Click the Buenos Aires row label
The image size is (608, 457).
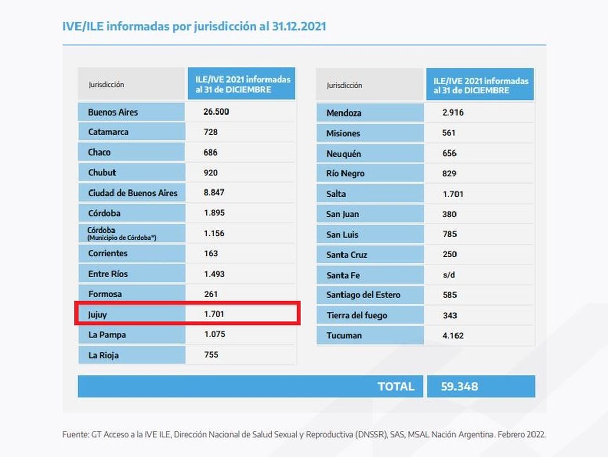113,112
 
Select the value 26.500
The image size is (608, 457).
216,112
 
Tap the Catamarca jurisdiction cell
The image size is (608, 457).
108,132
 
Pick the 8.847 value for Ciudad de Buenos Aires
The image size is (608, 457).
214,193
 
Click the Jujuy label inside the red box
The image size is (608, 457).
98,315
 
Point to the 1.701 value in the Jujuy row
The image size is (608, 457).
214,314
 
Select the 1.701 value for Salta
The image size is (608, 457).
452,194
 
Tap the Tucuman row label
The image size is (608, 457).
344,335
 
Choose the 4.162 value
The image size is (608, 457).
452,335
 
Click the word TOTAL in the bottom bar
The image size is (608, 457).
396,386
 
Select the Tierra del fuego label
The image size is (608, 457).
357,315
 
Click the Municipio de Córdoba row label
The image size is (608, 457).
122,234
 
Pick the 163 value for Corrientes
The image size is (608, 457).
211,253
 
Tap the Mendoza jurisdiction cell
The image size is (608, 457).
344,113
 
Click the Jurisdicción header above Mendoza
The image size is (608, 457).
345,85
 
